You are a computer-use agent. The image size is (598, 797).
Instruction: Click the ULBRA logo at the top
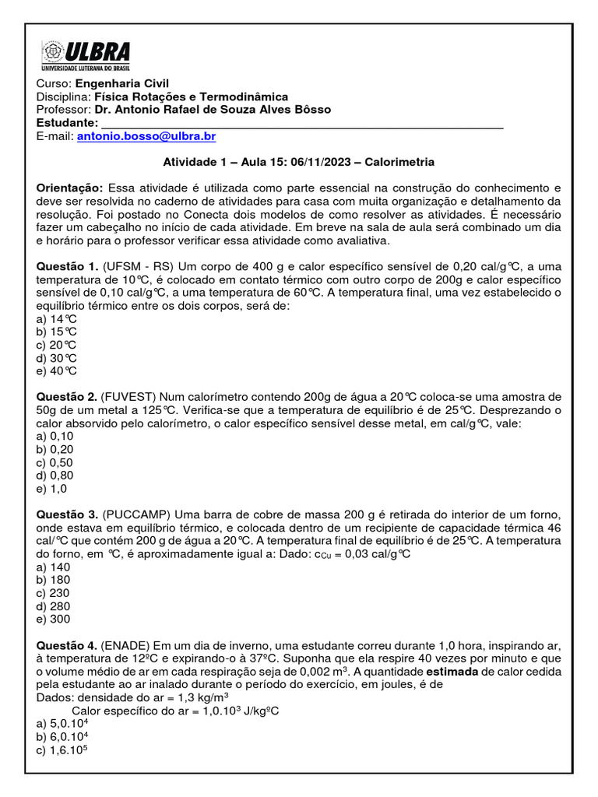coord(85,56)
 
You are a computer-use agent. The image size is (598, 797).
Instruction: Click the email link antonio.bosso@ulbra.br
coord(146,136)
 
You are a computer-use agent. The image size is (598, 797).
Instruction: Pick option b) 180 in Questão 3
coord(54,580)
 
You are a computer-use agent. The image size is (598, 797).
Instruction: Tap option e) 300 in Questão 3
coord(54,619)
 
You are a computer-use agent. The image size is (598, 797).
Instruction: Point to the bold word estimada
coord(447,672)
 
